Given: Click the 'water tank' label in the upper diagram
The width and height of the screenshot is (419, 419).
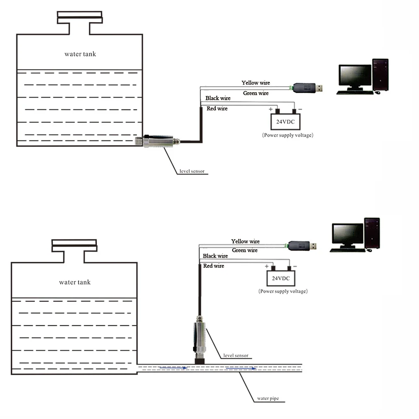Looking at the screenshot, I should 80,54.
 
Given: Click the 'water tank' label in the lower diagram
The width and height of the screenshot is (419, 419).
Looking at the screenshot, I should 75,282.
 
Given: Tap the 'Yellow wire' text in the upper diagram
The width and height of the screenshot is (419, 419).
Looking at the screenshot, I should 256,83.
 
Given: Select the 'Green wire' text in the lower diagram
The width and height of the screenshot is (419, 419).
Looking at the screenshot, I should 245,250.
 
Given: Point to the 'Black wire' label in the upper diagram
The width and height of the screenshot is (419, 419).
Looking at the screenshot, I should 218,98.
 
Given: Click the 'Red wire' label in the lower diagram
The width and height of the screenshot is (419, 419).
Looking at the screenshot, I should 214,266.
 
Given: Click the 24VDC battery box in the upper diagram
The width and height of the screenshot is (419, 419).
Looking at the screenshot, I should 285,122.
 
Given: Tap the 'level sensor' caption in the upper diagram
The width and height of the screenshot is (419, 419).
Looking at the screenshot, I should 191,171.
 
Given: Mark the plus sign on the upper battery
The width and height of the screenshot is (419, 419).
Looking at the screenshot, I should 271,110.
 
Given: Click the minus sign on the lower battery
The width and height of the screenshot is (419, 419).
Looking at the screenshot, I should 295,266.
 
